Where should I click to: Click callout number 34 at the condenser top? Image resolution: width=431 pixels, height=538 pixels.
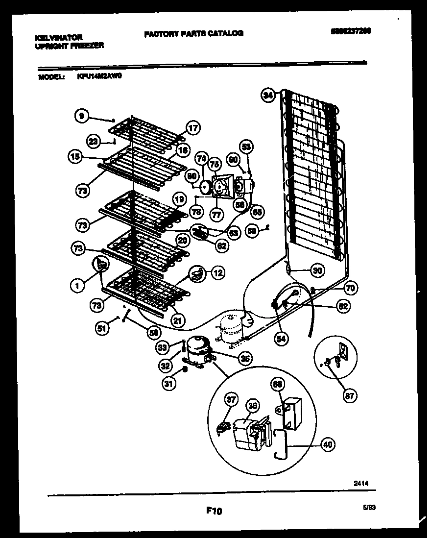[267, 96]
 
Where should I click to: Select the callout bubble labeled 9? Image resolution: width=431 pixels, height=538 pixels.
[82, 116]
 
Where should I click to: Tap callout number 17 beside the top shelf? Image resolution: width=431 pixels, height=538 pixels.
[192, 128]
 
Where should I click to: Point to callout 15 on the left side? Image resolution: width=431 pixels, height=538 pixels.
[74, 157]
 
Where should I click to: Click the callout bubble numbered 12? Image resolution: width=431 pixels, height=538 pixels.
[217, 273]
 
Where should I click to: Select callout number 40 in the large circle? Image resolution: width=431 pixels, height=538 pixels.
[328, 445]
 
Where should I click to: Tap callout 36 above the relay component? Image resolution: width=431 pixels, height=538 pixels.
[253, 406]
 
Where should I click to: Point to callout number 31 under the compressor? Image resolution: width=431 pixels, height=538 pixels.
[168, 385]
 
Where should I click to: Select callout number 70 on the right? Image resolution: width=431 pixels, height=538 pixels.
[350, 288]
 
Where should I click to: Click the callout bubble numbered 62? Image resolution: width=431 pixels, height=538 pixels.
[222, 245]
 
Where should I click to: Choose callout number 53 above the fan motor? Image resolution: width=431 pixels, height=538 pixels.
[246, 146]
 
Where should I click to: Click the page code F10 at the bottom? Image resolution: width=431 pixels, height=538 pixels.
[214, 511]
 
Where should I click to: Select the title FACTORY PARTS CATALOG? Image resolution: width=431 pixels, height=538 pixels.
[193, 33]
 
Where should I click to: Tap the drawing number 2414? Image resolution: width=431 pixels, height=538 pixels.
[361, 483]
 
